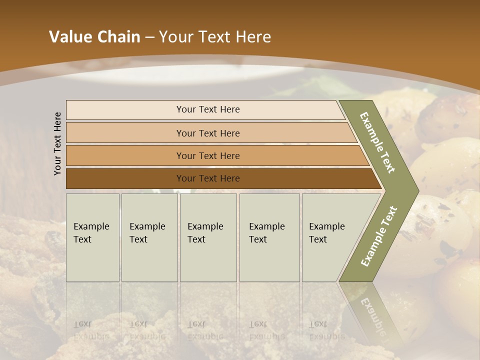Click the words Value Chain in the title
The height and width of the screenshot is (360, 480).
(x=94, y=37)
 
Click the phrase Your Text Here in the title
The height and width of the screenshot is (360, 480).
(x=215, y=37)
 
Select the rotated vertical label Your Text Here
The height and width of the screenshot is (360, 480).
(x=57, y=143)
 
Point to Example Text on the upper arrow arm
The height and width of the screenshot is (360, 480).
(x=378, y=142)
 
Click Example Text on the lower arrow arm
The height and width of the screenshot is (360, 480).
(x=379, y=236)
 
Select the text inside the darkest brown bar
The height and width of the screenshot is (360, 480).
(x=208, y=178)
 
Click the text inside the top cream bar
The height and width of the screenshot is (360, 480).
(x=208, y=109)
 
